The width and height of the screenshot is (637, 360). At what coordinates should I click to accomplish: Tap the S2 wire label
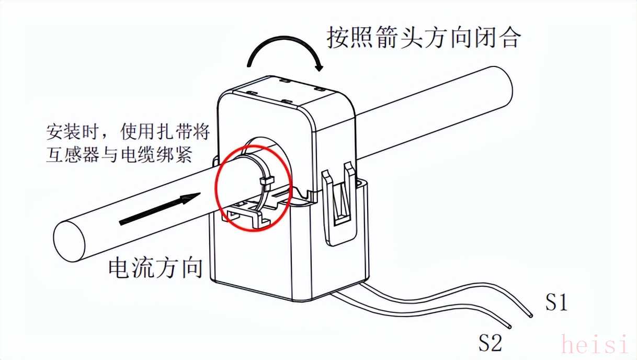491,342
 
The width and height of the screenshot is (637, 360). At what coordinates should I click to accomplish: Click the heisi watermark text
594,344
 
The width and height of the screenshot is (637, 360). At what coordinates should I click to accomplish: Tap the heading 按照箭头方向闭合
424,37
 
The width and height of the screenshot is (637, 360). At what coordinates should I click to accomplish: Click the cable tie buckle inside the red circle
267,181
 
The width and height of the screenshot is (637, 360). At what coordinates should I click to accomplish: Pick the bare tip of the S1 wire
531,316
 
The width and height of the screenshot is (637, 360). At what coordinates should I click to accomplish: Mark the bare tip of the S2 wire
509,327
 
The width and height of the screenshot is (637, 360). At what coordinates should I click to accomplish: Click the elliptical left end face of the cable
69,242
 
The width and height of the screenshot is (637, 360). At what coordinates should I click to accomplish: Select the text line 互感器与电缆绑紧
119,155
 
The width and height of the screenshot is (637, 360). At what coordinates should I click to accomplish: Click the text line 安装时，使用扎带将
128,132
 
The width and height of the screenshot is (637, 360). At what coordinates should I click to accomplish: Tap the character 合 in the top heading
509,37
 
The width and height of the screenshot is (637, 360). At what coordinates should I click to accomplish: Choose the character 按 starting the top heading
338,37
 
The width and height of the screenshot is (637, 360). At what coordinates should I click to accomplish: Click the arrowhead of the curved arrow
320,67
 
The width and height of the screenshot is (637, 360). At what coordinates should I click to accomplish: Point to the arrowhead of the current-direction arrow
191,197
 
